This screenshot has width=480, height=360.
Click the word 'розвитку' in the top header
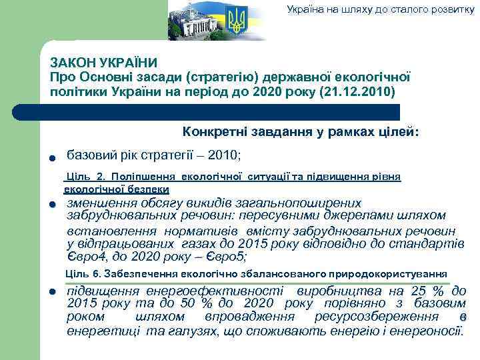click(x=453, y=9)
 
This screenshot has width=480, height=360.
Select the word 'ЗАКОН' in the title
click(x=71, y=62)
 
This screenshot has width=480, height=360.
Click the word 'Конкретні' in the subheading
click(x=215, y=133)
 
